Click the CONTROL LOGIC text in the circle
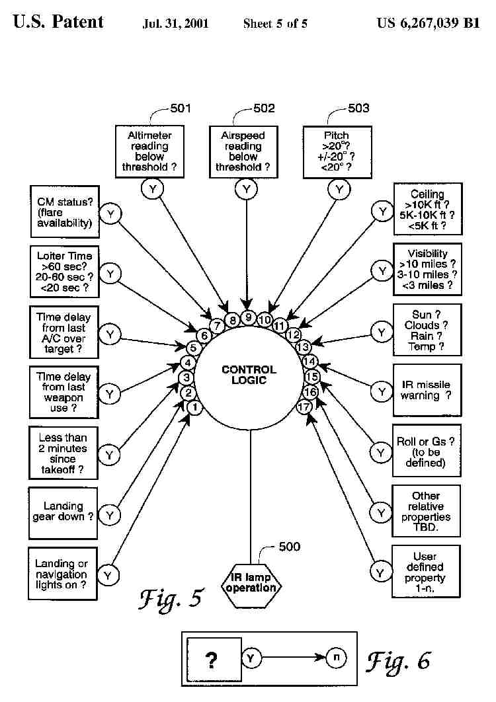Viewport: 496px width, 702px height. click(249, 375)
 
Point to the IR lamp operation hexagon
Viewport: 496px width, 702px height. click(251, 583)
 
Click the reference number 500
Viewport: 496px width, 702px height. click(289, 547)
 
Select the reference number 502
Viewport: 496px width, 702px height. click(264, 108)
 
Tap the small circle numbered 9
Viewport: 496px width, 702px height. click(247, 317)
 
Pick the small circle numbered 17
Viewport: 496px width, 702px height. click(304, 407)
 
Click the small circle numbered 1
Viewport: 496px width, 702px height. click(194, 408)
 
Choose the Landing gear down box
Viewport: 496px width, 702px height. click(63, 512)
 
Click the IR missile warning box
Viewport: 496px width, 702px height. click(426, 390)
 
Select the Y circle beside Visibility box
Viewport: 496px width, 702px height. click(382, 270)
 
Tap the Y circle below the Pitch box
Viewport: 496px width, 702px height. click(340, 190)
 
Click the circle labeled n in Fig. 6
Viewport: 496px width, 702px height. click(335, 658)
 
